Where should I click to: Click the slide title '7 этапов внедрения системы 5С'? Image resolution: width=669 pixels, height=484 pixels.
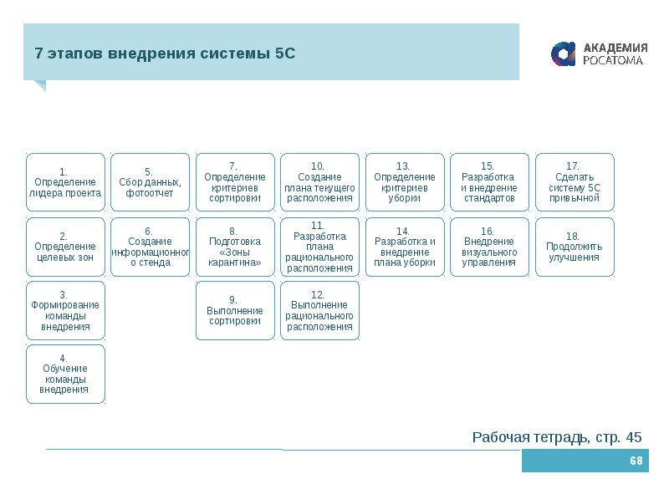click(x=166, y=53)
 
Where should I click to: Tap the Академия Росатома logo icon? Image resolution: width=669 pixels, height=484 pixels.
click(x=564, y=53)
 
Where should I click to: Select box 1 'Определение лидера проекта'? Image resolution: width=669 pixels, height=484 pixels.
click(x=65, y=181)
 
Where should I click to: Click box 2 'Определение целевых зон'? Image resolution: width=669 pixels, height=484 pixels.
click(x=65, y=247)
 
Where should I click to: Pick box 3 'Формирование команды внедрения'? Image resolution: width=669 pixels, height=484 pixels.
click(x=65, y=310)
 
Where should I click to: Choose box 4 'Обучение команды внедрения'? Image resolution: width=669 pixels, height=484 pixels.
click(x=65, y=374)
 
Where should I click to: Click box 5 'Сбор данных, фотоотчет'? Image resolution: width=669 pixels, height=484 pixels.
click(x=150, y=181)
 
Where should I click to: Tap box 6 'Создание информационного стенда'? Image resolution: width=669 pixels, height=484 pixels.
click(x=150, y=247)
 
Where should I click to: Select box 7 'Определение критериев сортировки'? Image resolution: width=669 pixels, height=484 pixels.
click(x=235, y=181)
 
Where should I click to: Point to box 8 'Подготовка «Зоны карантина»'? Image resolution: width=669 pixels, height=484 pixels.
click(x=235, y=247)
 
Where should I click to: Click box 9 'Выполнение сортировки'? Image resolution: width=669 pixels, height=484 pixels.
click(x=235, y=310)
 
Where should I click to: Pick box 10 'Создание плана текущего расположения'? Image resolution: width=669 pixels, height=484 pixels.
click(x=319, y=181)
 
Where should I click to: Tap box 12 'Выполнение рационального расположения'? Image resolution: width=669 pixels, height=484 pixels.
click(x=319, y=310)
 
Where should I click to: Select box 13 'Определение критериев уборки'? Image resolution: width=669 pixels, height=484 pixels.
click(x=404, y=181)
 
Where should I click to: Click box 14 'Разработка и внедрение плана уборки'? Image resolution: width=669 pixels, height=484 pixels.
click(x=404, y=247)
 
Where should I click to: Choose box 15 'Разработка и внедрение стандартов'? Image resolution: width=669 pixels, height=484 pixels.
click(x=489, y=181)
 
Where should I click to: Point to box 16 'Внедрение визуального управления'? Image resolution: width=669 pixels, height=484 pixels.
click(x=489, y=247)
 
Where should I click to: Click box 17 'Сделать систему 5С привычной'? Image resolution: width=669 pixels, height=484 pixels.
click(x=575, y=181)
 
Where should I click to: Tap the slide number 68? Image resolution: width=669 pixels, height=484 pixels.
click(x=636, y=461)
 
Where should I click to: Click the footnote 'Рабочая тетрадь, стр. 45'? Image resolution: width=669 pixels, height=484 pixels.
click(x=557, y=437)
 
